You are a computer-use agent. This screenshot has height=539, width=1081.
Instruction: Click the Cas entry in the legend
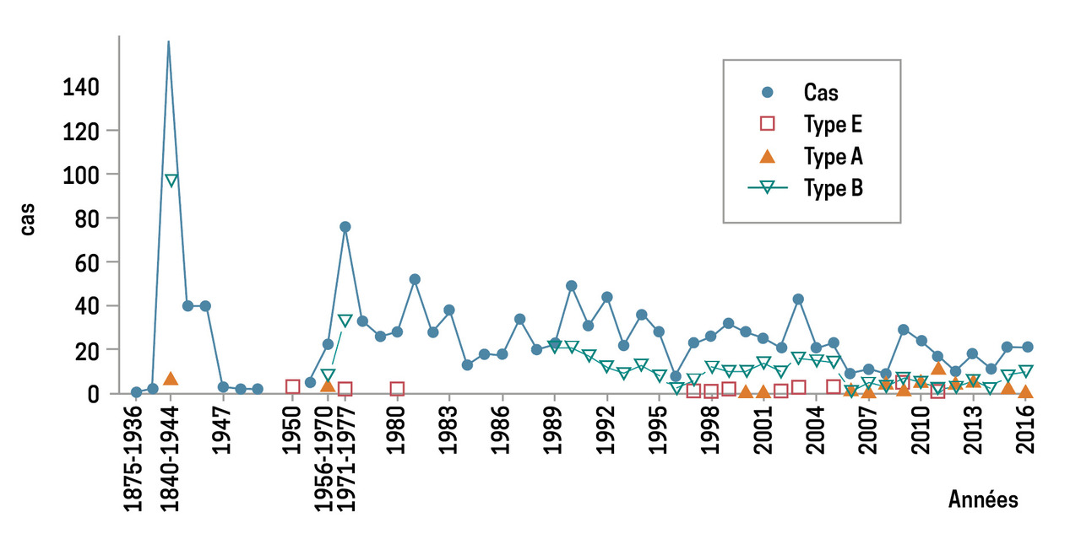[820, 93]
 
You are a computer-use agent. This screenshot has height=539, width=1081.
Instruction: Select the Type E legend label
[832, 125]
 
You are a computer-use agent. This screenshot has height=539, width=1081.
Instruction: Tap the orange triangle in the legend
[767, 156]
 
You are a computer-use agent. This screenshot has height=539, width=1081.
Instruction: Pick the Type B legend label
[833, 188]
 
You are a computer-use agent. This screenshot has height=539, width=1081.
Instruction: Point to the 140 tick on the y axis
[81, 87]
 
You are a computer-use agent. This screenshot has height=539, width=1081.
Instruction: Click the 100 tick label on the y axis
[81, 175]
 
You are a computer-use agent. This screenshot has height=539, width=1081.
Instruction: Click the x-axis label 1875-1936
[135, 459]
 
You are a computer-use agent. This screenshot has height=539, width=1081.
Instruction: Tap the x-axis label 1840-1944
[171, 459]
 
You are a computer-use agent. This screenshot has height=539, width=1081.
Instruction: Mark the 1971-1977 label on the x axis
[345, 459]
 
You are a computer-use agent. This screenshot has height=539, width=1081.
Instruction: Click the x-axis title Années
[983, 499]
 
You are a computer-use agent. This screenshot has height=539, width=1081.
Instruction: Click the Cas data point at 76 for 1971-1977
[345, 227]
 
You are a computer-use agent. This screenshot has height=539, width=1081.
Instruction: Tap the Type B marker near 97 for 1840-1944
[171, 181]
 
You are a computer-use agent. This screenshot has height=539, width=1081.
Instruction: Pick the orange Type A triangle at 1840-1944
[171, 379]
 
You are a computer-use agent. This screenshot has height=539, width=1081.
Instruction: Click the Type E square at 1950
[293, 387]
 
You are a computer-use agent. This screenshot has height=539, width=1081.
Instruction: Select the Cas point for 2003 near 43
[798, 299]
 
